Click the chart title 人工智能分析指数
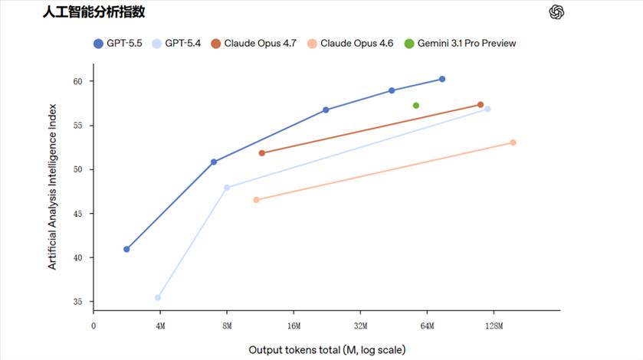[x=93, y=12]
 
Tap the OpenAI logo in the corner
[x=556, y=12]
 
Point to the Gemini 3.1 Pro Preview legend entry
[x=460, y=44]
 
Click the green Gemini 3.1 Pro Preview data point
[x=416, y=106]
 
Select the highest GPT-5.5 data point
[x=442, y=80]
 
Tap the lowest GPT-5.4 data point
[x=158, y=298]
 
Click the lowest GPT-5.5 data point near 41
[x=126, y=249]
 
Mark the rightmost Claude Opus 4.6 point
[x=513, y=142]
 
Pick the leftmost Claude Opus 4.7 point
[x=262, y=153]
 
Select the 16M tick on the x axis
[x=294, y=326]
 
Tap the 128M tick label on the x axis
[x=494, y=326]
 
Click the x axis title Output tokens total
[x=332, y=350]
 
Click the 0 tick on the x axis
[x=93, y=326]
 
